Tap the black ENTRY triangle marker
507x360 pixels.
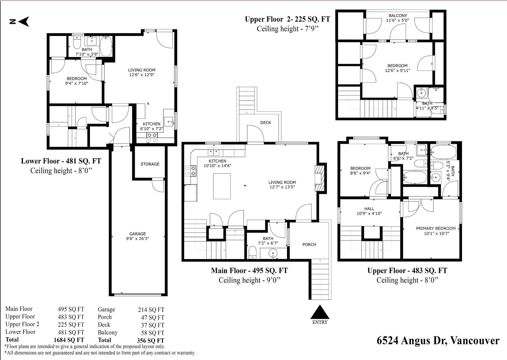pos(320,312)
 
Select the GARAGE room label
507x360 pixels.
pos(137,234)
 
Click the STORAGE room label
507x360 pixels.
pos(150,164)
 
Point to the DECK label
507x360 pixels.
pos(265,123)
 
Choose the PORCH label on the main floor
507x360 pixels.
pos(309,245)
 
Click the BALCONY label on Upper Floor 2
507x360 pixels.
pos(398,16)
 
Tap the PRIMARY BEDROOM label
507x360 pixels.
pos(436,228)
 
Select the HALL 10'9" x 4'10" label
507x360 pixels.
pos(369,211)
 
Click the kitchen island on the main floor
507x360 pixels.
pos(222,186)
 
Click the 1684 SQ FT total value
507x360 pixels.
pos(69,340)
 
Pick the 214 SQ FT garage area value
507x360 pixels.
pos(151,310)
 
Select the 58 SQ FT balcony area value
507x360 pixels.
pos(153,333)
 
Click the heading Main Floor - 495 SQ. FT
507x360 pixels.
pos(249,271)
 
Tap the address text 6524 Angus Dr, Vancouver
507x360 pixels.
pos(438,341)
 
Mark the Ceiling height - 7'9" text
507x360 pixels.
pos(288,29)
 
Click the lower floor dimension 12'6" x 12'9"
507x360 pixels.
pos(142,75)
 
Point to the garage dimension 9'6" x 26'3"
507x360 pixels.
pos(137,239)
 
